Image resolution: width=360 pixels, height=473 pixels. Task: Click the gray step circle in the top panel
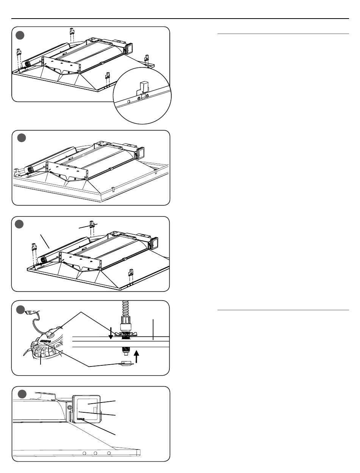coord(20,35)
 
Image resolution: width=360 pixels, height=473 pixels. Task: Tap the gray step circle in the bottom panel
coord(20,395)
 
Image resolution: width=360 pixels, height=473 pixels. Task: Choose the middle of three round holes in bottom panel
coord(96,453)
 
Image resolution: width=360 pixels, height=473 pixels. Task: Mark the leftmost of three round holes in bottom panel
coord(85,453)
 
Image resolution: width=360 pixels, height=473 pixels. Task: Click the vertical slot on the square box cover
coord(95,410)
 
